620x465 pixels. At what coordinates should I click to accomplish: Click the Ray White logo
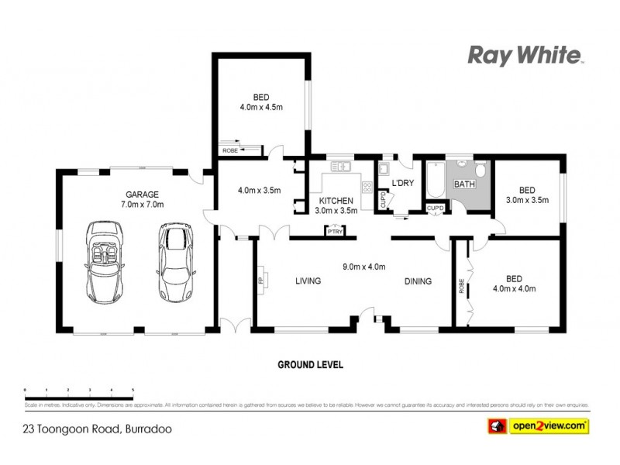525,55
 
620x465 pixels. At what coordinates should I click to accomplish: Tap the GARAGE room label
143,194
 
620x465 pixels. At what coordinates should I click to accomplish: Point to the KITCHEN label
336,201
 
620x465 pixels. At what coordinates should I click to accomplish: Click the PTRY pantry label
335,232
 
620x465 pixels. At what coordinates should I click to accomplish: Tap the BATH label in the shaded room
464,184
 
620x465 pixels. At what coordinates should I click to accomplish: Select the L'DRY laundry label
405,183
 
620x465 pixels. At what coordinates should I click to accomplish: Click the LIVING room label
308,281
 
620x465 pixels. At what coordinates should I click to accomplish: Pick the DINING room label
418,281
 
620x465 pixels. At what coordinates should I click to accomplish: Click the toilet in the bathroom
480,169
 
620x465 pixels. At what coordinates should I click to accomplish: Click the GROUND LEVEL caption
310,364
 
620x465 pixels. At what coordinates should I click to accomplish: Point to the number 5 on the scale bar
133,389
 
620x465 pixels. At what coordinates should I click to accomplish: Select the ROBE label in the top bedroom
229,150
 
